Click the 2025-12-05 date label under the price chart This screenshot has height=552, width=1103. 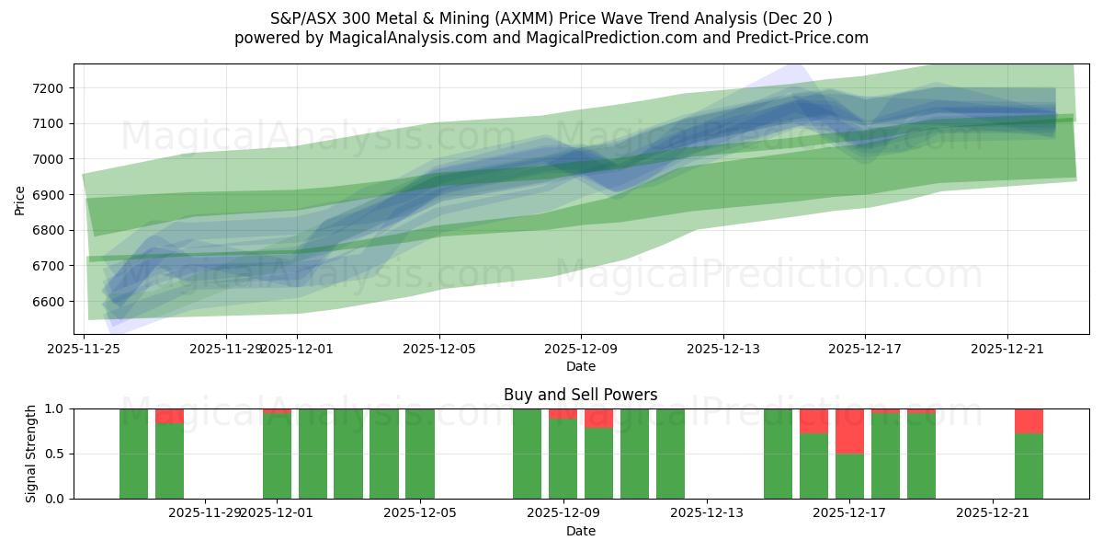coord(439,349)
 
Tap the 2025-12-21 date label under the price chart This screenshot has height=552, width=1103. coord(1007,349)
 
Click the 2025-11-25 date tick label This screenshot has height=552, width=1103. coord(85,349)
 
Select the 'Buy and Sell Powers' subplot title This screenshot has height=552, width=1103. coord(580,395)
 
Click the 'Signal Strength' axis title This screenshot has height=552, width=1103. coord(31,453)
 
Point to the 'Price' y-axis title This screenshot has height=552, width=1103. coord(20,199)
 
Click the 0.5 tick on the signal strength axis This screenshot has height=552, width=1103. coord(54,454)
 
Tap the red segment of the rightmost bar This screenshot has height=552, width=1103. coord(1029,420)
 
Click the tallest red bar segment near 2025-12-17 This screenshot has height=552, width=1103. coord(849,431)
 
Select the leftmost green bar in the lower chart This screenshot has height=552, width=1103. coord(133,454)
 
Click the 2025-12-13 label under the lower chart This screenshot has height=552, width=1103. coord(706,513)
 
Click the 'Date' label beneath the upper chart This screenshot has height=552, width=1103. coord(580,366)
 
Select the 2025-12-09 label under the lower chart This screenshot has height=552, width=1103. coord(563,513)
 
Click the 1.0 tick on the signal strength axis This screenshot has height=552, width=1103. coord(54,408)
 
